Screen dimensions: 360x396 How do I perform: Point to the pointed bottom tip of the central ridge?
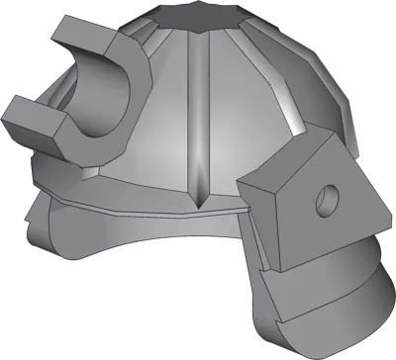coord(202,206)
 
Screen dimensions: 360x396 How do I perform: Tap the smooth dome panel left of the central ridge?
coord(158,129)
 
